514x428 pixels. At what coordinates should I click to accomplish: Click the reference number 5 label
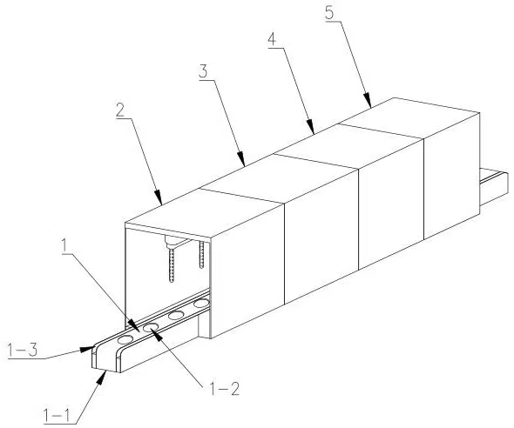(329, 12)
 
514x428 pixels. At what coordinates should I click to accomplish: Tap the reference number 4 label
(272, 39)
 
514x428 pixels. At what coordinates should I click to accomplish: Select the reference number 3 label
(203, 71)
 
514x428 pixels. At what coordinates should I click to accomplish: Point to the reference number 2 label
(120, 110)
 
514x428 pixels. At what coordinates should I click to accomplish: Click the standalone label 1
(66, 247)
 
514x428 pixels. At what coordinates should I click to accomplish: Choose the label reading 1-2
(225, 389)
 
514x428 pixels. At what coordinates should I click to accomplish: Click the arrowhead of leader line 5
(368, 100)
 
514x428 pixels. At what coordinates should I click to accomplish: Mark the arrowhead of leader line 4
(311, 127)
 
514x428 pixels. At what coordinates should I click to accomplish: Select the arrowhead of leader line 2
(158, 197)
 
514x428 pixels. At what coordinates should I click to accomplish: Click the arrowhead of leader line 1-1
(102, 378)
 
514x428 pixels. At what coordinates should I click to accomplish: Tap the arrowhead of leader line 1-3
(87, 348)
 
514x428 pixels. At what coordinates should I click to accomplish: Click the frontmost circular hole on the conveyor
(125, 339)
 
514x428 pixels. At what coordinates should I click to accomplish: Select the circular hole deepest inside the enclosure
(200, 304)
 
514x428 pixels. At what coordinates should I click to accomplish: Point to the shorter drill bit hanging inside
(201, 255)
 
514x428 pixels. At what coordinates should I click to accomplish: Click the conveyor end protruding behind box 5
(494, 186)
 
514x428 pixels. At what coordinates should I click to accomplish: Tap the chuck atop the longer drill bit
(171, 244)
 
